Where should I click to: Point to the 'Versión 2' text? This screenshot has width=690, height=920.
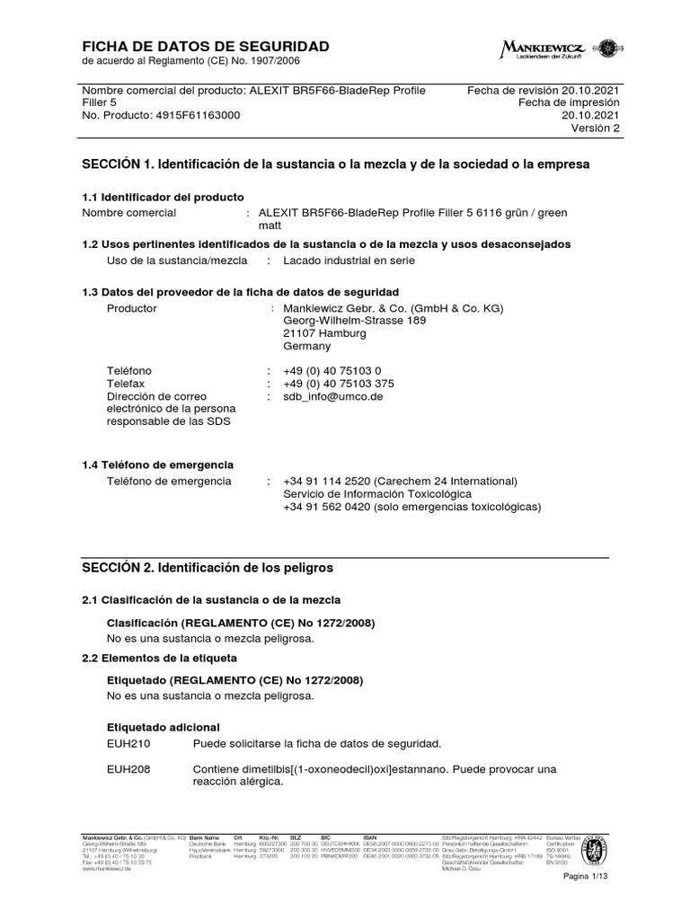tap(595, 128)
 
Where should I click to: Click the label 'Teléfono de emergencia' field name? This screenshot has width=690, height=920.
tap(169, 482)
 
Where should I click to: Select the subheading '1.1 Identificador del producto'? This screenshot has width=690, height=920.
tap(163, 197)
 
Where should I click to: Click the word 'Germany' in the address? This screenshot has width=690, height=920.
tap(307, 346)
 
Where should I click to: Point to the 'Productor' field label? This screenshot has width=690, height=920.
tap(132, 308)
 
